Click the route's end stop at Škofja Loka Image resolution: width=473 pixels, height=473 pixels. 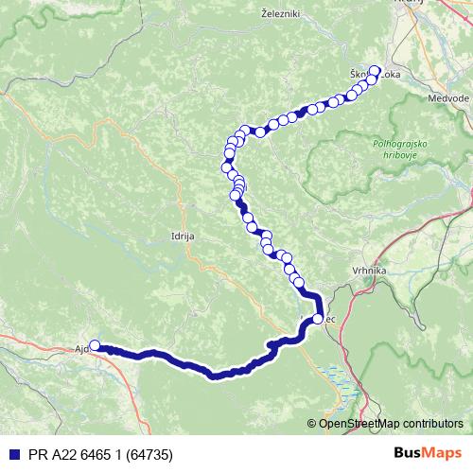click(x=375, y=71)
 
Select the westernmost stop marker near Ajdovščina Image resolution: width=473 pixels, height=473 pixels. click(x=94, y=346)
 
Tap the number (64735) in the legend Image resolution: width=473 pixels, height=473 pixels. click(x=149, y=453)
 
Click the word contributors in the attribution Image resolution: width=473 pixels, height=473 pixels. click(x=434, y=425)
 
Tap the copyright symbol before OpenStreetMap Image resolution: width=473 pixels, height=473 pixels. click(x=311, y=425)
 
